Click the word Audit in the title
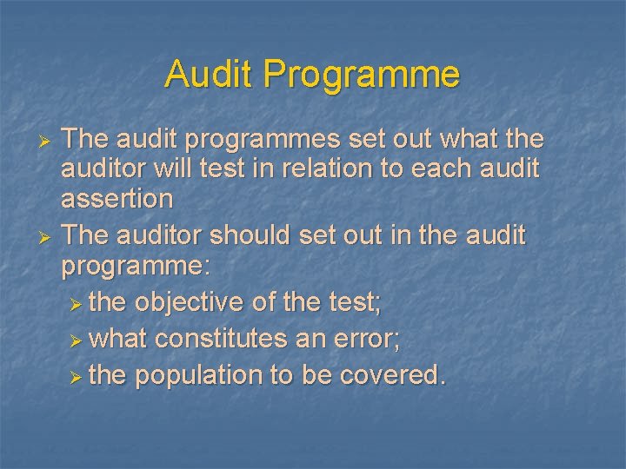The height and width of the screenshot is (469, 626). [209, 74]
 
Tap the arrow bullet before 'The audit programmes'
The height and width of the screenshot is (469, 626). [49, 140]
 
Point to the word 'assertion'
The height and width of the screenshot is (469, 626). [117, 199]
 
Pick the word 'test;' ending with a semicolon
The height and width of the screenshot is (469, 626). [360, 302]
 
